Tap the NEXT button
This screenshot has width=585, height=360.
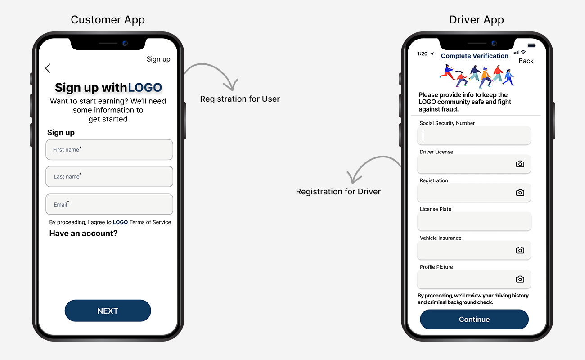point(108,310)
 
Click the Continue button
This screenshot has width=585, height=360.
point(474,319)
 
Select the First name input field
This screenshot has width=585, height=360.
point(109,150)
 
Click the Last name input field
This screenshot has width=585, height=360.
point(109,176)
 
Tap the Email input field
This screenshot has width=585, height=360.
point(109,204)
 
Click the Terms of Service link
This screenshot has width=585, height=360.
point(150,222)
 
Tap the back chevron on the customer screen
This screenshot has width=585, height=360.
point(48,68)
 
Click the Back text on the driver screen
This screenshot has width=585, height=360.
point(526,61)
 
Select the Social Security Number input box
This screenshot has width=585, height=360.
point(474,135)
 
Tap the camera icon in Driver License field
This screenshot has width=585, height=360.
point(520,164)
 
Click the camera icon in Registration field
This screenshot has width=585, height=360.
point(520,193)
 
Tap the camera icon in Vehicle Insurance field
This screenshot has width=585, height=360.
point(520,250)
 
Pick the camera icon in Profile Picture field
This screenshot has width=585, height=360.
point(520,279)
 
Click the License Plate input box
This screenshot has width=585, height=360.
point(474,221)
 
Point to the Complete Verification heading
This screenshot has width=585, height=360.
point(475,56)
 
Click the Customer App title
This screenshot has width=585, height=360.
point(108,20)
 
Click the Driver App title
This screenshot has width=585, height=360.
point(477,20)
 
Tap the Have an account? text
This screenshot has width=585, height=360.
point(83,233)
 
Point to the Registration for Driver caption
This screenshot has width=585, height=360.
point(338,192)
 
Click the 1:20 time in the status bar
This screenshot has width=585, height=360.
point(422,54)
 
